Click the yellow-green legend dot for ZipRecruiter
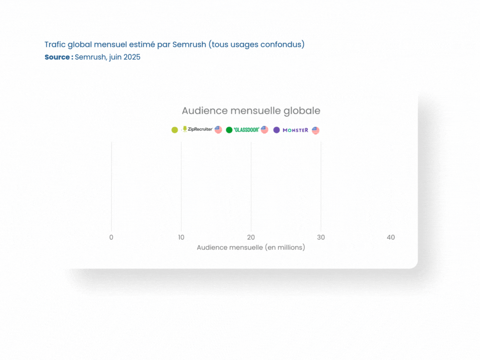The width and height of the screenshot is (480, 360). tap(174, 130)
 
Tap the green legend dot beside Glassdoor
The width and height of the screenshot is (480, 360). tap(229, 130)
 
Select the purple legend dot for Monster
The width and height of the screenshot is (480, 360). tap(277, 130)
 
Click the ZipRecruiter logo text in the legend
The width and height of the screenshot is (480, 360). tap(200, 129)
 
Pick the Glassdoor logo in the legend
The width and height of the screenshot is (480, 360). tap(247, 130)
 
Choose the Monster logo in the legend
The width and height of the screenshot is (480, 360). tap(295, 130)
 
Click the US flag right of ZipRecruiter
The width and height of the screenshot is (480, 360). tap(218, 130)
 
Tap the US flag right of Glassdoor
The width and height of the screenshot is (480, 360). tap(264, 130)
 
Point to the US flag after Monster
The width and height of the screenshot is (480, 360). tap(315, 130)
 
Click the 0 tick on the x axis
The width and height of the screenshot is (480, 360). tap(111, 237)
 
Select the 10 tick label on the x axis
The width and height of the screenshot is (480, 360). tap(181, 237)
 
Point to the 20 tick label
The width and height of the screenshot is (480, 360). tap(251, 237)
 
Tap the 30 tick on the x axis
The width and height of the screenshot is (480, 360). tap(321, 237)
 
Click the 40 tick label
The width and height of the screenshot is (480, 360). tap(390, 237)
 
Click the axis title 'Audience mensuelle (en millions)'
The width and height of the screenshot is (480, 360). tap(251, 247)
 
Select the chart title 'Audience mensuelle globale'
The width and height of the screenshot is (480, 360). tap(251, 111)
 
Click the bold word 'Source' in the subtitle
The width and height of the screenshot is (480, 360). tap(57, 57)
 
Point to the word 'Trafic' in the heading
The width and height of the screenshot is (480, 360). tap(55, 45)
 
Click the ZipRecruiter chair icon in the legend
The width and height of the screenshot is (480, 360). tap(185, 129)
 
